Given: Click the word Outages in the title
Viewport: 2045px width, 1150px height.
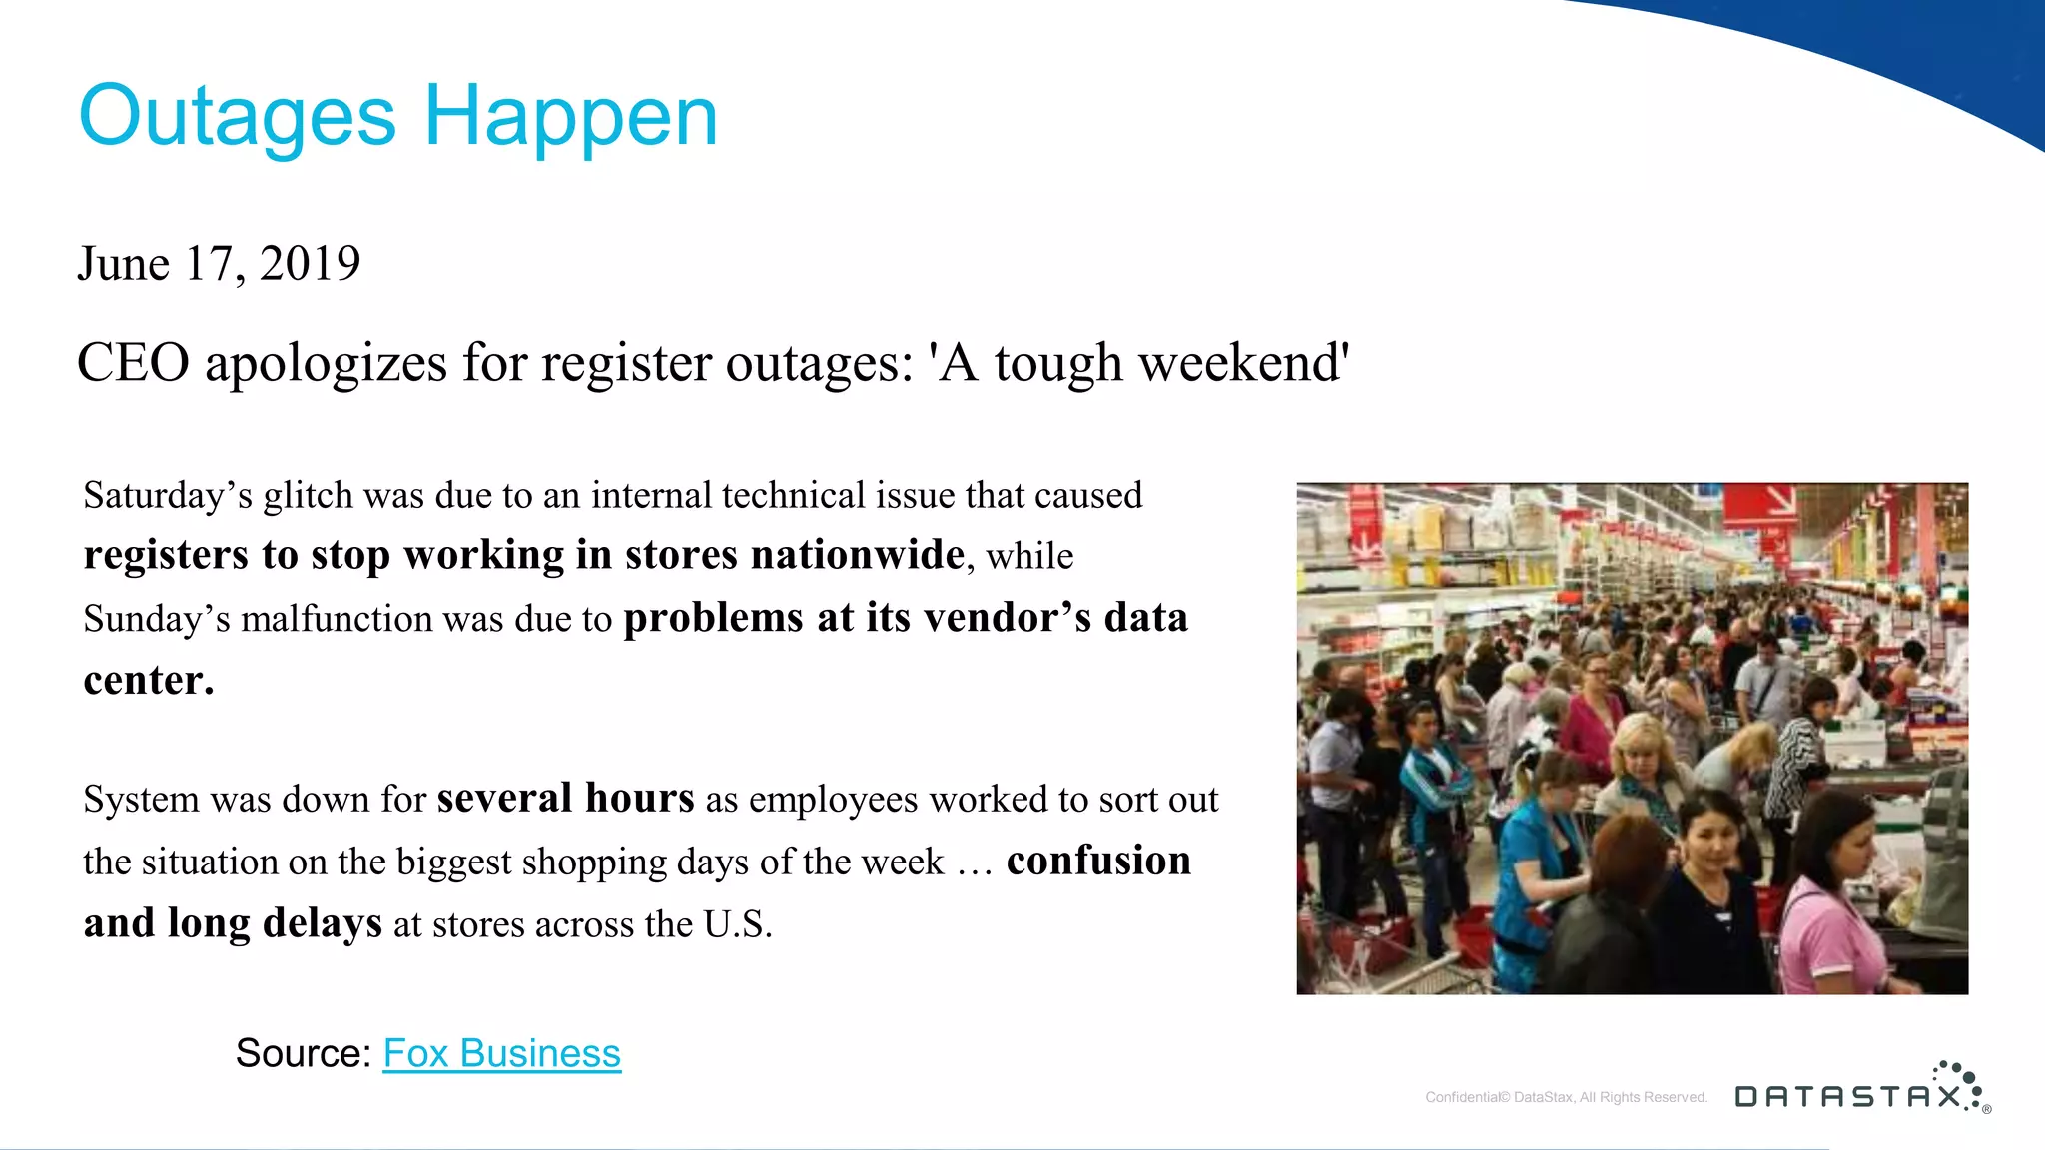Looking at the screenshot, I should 238,118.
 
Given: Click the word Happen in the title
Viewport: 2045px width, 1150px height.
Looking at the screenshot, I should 570,118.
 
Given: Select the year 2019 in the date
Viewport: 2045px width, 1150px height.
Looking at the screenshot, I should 310,264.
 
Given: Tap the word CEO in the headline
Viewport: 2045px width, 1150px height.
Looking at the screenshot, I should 133,362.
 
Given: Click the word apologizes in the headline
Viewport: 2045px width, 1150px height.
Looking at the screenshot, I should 326,364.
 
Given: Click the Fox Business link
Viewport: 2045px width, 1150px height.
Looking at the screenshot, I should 501,1053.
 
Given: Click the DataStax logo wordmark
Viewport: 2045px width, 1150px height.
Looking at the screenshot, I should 1847,1096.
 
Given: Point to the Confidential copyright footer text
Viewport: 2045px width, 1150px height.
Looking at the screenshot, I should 1566,1097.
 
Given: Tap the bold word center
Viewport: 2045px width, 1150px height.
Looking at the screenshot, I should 148,681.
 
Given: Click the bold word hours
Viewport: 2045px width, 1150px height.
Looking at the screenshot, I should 639,799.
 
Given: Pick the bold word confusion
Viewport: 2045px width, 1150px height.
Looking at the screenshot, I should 1098,861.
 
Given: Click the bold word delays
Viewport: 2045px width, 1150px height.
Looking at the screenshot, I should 322,923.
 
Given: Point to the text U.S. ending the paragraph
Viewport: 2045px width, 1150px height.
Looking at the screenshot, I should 737,924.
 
